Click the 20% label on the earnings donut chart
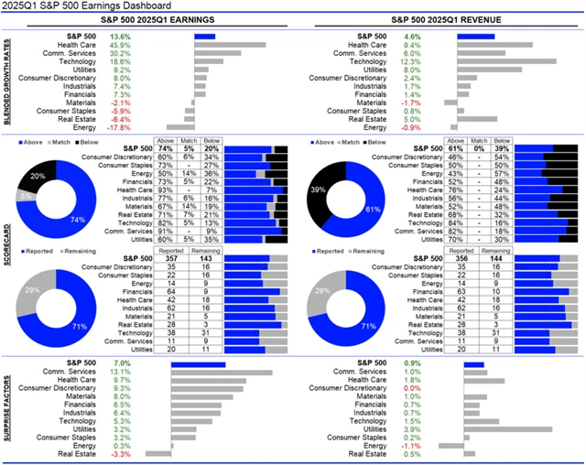pos(38,175)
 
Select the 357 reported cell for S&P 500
pos(168,258)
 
